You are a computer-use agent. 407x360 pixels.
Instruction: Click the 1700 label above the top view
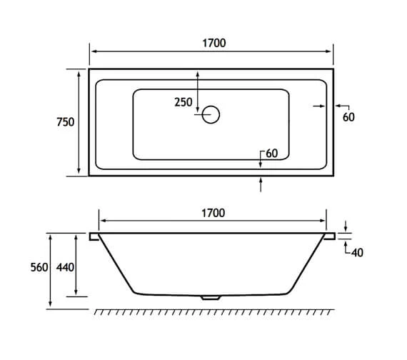point(214,43)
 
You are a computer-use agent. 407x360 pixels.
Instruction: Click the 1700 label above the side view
point(213,213)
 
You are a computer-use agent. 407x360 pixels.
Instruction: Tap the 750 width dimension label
point(66,122)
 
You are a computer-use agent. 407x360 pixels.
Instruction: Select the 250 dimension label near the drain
point(184,102)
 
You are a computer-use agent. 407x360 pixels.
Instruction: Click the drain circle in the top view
point(211,114)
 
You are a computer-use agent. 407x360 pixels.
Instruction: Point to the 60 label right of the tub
point(348,117)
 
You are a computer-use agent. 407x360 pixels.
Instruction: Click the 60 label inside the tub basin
point(272,154)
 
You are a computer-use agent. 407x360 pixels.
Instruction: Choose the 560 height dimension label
point(39,267)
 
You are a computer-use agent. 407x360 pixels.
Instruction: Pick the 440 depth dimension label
point(65,267)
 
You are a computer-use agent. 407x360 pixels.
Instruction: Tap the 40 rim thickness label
point(357,252)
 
